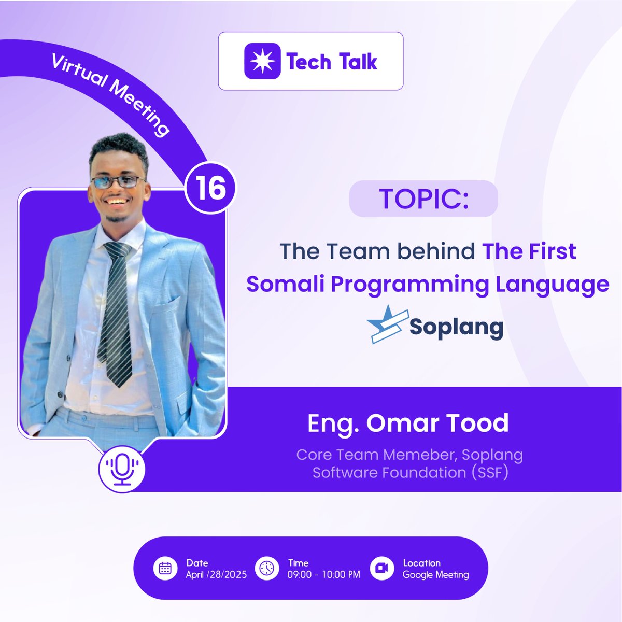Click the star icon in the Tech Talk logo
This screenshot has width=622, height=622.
click(x=262, y=61)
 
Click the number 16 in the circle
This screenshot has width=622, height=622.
click(x=210, y=188)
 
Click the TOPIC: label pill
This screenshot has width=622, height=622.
click(x=423, y=199)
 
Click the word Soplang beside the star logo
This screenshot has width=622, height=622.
click(x=456, y=327)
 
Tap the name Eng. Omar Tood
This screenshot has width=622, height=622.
click(x=408, y=423)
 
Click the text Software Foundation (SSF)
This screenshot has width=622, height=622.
click(x=409, y=473)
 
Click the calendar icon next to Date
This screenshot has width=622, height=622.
click(x=165, y=568)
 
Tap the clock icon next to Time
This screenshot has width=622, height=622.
click(x=267, y=568)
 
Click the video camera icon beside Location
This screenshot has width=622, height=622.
click(x=382, y=568)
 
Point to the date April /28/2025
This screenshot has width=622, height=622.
click(x=216, y=575)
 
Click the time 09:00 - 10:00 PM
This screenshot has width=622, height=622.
click(x=323, y=575)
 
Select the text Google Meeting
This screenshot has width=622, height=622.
click(x=435, y=575)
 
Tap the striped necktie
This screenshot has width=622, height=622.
click(x=117, y=311)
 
